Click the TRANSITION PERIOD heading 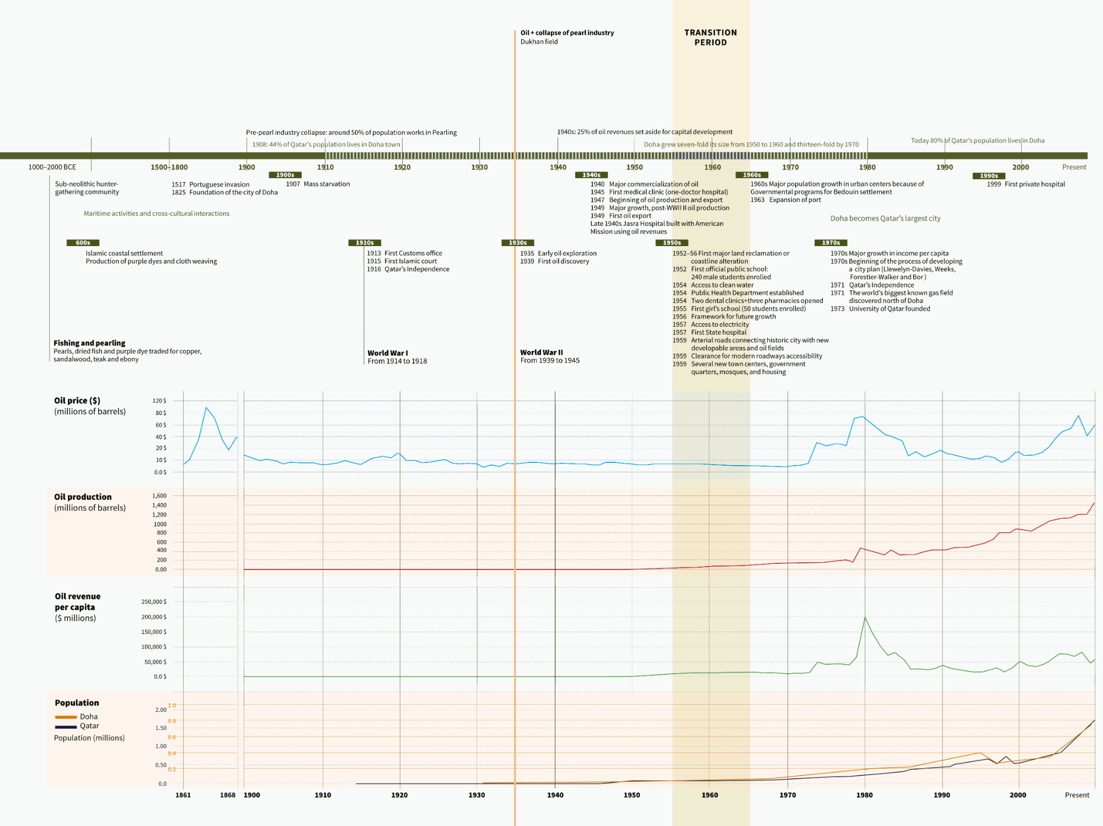coord(710,38)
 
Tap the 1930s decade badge coord(517,243)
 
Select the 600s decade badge coord(83,243)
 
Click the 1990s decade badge coord(988,176)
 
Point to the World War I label coord(388,353)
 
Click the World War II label coord(541,353)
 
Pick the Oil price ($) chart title coord(77,401)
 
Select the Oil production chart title coord(83,497)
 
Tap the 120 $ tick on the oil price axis coord(159,401)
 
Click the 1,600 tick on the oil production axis coord(159,496)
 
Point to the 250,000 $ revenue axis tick coord(153,602)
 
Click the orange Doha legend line coord(66,717)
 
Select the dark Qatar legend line coord(66,727)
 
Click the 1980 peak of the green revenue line coord(865,617)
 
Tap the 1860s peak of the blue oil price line coord(206,408)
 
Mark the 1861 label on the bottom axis coord(183,795)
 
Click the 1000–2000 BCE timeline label coord(52,167)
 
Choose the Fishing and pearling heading coord(89,343)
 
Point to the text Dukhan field coord(539,42)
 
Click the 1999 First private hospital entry coord(1026,184)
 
